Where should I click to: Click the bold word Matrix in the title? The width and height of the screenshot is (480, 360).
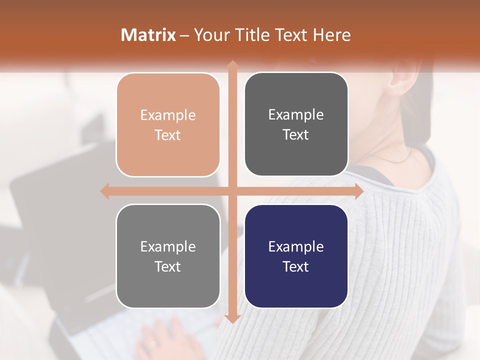148,35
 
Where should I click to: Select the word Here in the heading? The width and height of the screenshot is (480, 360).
331,35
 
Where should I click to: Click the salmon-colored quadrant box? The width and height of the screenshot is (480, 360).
168,125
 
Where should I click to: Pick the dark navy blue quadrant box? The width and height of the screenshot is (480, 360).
296,256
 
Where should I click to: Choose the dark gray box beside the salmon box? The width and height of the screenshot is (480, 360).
296,124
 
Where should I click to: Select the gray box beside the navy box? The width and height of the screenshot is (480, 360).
168,256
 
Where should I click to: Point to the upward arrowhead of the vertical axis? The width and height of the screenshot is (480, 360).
232,64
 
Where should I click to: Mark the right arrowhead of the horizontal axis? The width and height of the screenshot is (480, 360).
358,191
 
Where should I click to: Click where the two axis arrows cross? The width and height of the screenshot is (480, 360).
232,191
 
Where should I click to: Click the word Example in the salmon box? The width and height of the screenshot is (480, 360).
168,115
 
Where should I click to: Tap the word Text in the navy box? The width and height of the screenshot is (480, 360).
296,266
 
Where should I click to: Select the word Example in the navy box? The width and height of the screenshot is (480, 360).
296,246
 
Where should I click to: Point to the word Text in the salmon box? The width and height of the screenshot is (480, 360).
168,135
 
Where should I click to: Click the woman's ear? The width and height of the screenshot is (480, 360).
400,80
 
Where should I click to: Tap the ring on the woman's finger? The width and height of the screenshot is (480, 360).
151,344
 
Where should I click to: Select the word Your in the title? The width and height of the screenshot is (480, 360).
210,35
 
